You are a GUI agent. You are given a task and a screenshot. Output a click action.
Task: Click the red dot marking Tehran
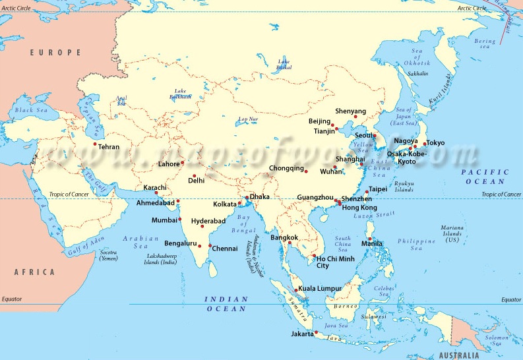[95, 144]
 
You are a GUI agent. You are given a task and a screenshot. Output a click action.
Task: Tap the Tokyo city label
[435, 142]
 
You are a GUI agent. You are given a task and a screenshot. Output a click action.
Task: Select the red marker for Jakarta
[317, 332]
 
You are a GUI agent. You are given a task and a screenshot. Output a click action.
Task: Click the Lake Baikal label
[284, 65]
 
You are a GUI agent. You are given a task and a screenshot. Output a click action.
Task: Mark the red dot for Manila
[370, 239]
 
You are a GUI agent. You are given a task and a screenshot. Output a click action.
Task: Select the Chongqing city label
[286, 168]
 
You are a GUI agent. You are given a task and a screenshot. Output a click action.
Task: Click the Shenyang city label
[350, 111]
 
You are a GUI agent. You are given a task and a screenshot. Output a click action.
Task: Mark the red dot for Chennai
[209, 247]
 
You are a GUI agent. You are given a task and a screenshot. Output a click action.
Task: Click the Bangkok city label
[284, 237]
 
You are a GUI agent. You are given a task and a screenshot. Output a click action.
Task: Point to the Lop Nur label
[248, 119]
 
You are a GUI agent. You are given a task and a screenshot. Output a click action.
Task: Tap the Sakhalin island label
[417, 74]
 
